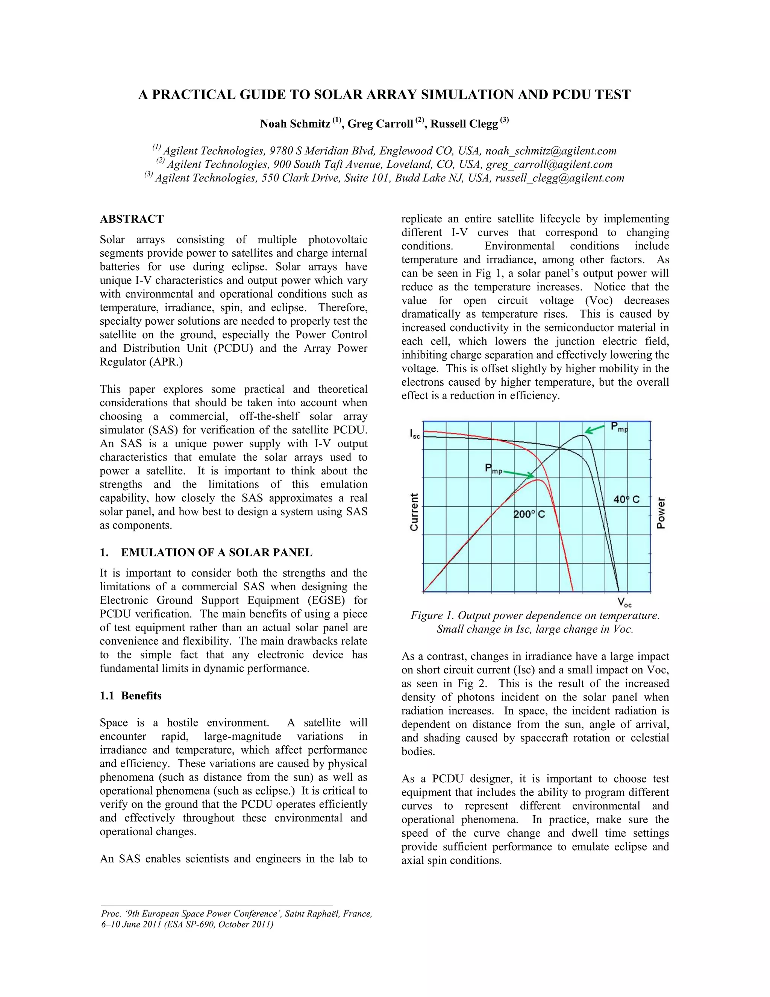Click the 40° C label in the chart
(x=626, y=499)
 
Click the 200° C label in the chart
(x=529, y=514)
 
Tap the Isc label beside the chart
(x=414, y=434)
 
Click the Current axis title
(x=414, y=512)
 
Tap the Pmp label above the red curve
(x=493, y=469)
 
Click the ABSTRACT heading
(x=131, y=219)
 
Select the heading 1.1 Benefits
(x=130, y=696)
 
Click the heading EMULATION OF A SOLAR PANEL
(x=217, y=552)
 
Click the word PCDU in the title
(x=573, y=95)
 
